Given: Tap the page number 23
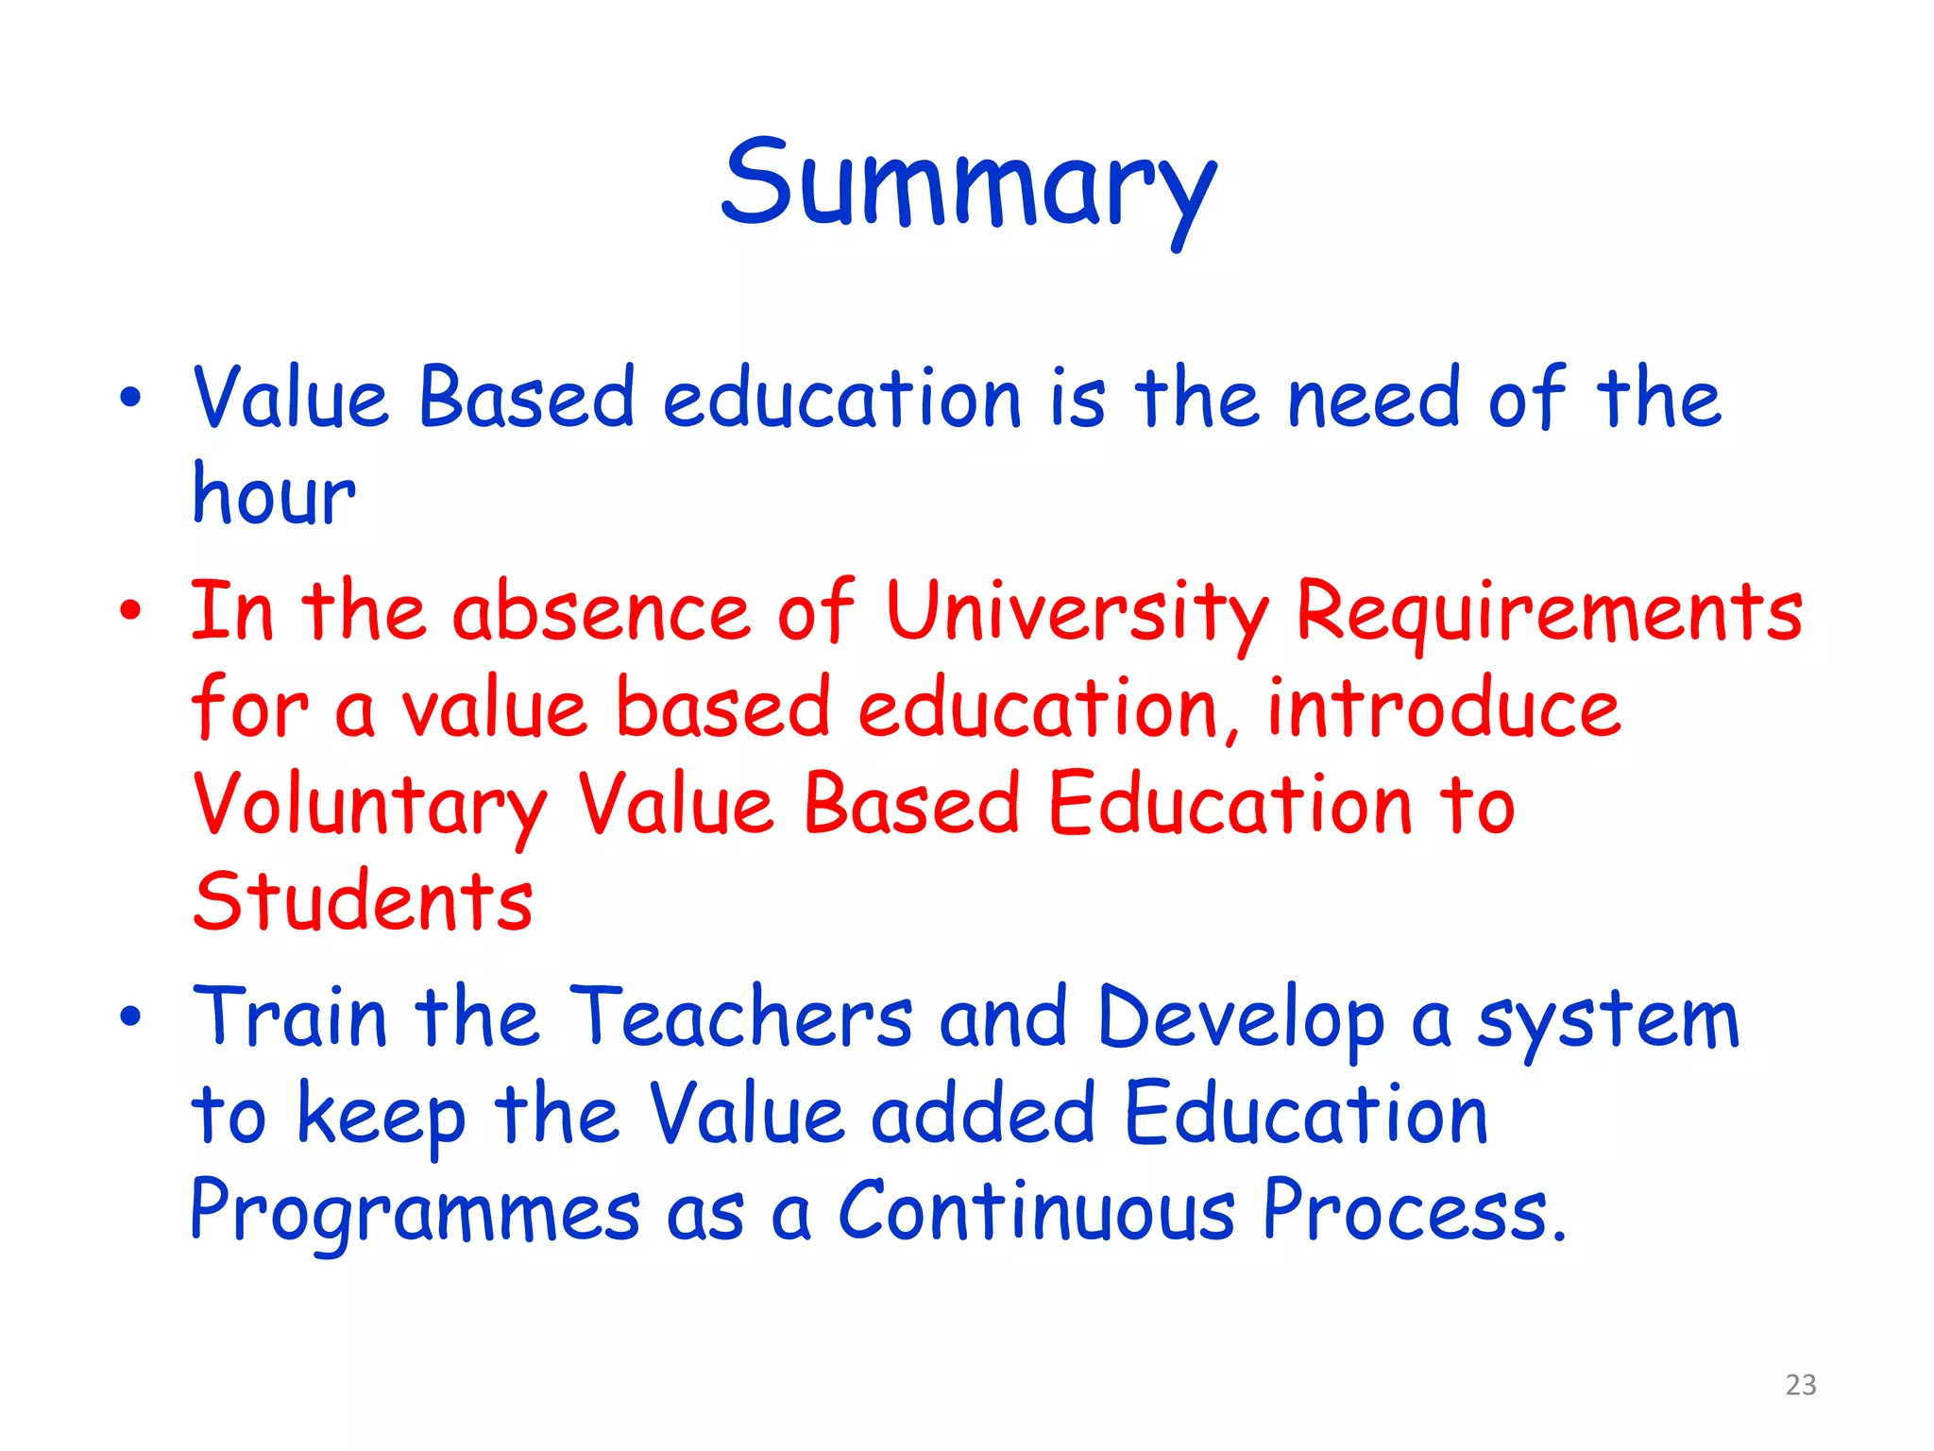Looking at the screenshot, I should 1801,1385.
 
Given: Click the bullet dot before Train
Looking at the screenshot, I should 130,1017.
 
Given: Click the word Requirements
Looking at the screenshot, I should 1549,612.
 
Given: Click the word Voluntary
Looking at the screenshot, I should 369,806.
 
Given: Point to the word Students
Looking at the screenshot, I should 364,901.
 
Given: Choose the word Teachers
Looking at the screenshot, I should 741,1018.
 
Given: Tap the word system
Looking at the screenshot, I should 1608,1020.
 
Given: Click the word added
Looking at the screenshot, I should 982,1115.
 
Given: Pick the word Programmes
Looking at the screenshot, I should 416,1213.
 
